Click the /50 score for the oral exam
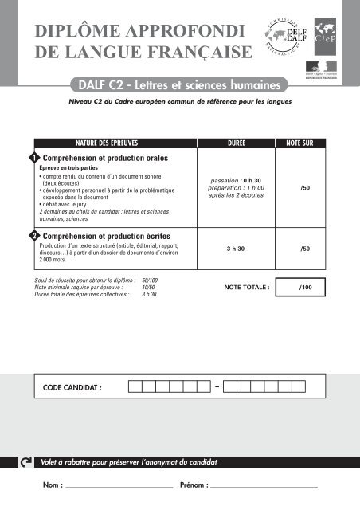[304, 188]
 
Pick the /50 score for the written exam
[304, 249]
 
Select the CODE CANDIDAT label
[72, 388]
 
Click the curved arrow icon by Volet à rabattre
[27, 462]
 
